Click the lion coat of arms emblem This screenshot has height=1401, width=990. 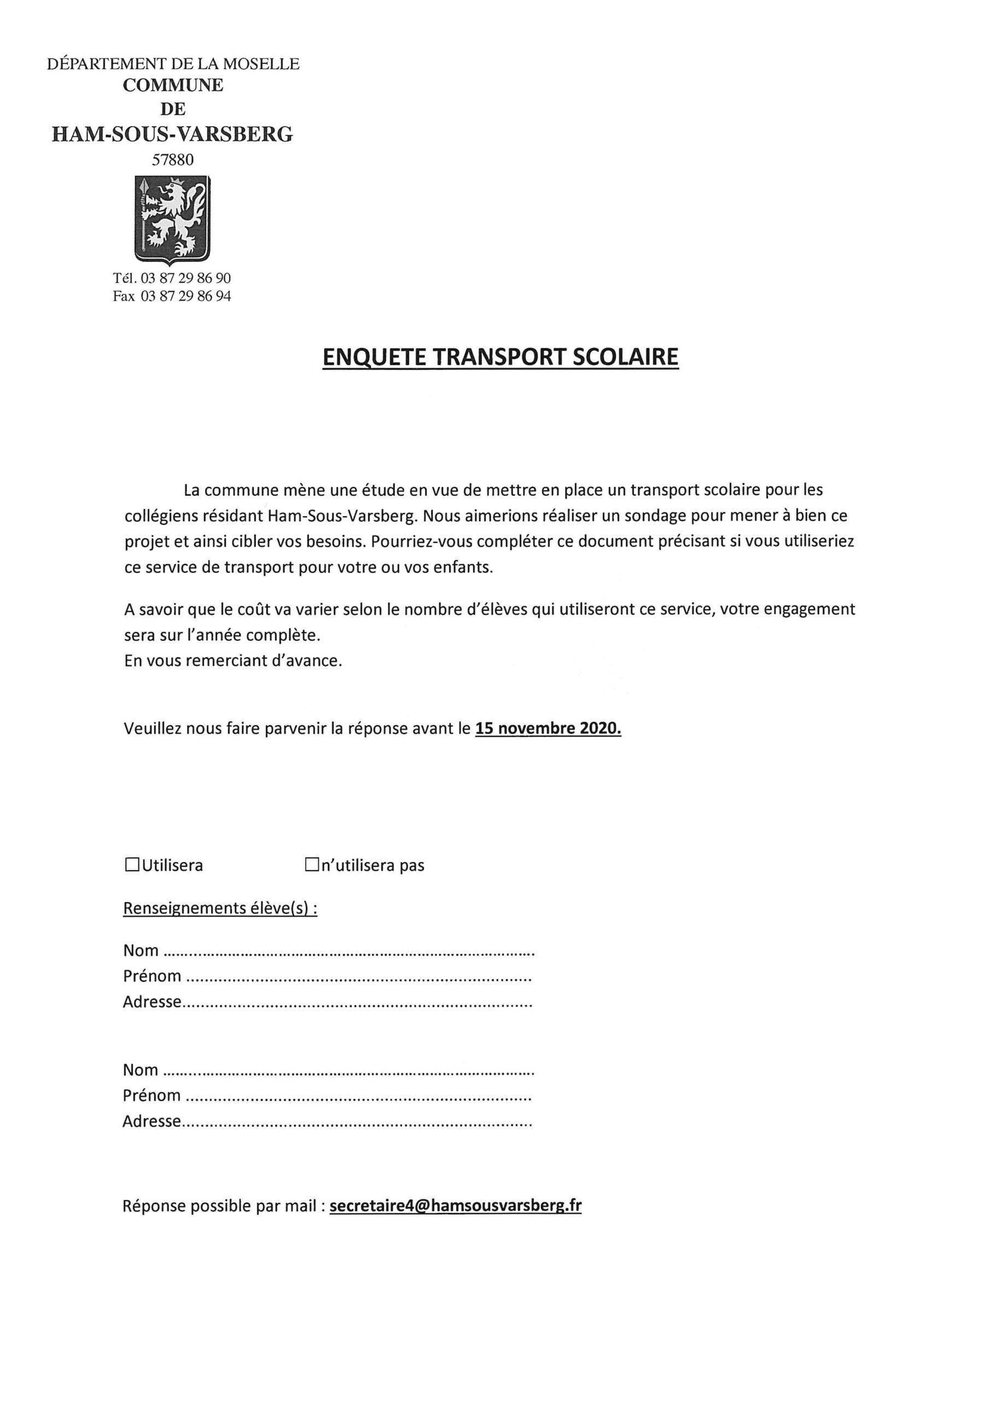point(173,219)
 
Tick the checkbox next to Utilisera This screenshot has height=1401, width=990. point(131,865)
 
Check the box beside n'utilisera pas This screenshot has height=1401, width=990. point(312,865)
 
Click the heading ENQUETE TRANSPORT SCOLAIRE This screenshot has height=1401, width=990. point(500,357)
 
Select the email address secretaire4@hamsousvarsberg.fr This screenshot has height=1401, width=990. point(455,1206)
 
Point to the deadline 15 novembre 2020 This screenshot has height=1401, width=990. point(548,728)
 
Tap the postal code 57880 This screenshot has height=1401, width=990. point(173,160)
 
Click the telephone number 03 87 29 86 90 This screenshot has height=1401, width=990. point(185,278)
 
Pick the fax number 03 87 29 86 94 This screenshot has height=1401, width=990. point(185,297)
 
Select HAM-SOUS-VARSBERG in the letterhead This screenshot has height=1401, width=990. point(173,134)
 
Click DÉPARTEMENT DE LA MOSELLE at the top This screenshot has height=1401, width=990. point(173,63)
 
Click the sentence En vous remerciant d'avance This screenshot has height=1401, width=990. point(233,660)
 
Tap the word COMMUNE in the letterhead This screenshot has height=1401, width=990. point(173,85)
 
